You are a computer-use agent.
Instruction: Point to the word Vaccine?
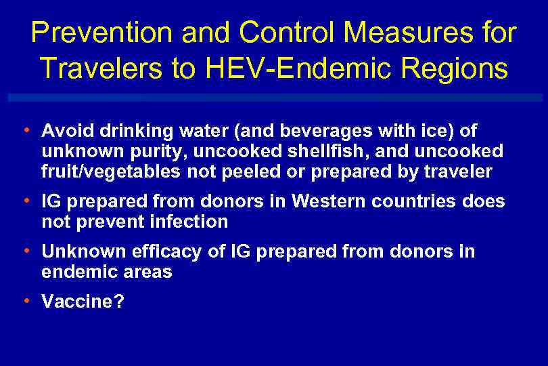83,302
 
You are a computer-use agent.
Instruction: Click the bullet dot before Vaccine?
25,300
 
